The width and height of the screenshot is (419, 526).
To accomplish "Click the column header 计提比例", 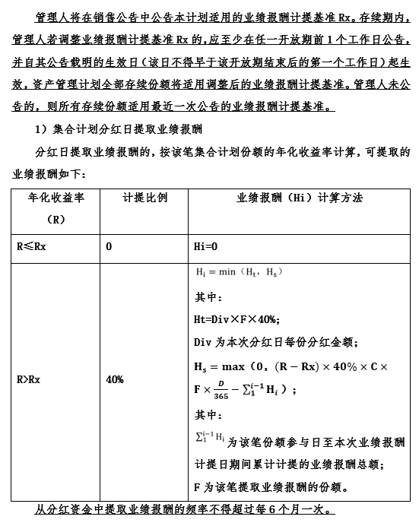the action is point(144,198).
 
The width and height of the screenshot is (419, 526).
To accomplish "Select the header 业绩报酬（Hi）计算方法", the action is point(300,198).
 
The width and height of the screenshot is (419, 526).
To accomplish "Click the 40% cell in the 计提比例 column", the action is point(115,379).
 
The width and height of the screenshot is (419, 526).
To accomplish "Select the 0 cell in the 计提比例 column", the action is point(110,246).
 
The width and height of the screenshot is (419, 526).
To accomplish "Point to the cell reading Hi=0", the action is point(206,246).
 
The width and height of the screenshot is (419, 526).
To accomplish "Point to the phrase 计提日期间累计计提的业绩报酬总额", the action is point(287,463).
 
